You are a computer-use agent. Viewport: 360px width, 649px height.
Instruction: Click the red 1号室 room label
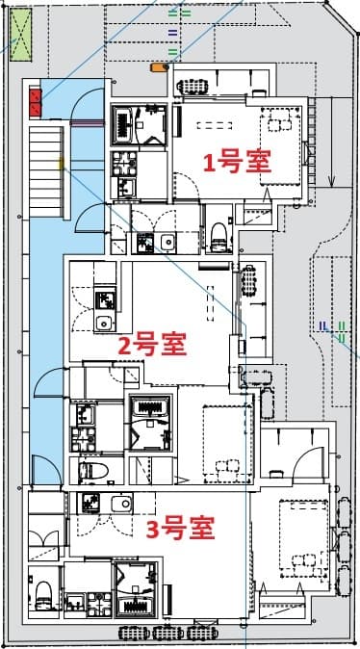click(236, 161)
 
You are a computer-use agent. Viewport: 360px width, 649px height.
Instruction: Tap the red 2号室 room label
click(151, 344)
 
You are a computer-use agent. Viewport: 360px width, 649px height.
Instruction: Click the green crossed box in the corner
click(21, 32)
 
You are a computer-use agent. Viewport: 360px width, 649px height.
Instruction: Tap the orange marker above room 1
click(157, 67)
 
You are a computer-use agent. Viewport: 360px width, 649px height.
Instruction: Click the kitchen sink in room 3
click(120, 504)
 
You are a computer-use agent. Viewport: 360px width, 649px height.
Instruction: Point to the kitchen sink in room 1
click(167, 241)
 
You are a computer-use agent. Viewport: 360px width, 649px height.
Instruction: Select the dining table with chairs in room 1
click(283, 119)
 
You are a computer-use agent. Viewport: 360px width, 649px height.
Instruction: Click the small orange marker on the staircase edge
click(62, 165)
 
